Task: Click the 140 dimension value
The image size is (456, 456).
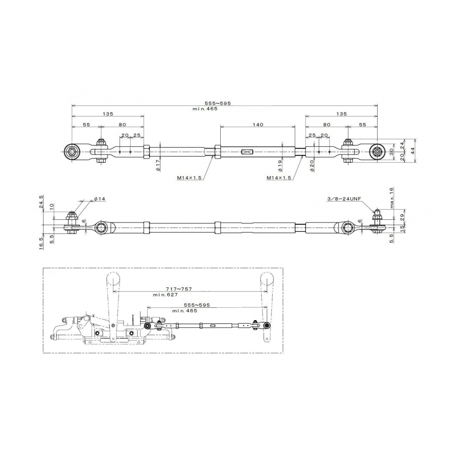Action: [x=258, y=125]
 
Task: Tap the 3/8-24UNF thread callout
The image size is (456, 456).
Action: [x=344, y=199]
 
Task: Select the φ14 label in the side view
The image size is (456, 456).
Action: [x=100, y=199]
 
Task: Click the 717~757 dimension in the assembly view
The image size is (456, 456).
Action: [x=179, y=289]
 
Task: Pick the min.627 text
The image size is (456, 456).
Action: [x=166, y=295]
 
